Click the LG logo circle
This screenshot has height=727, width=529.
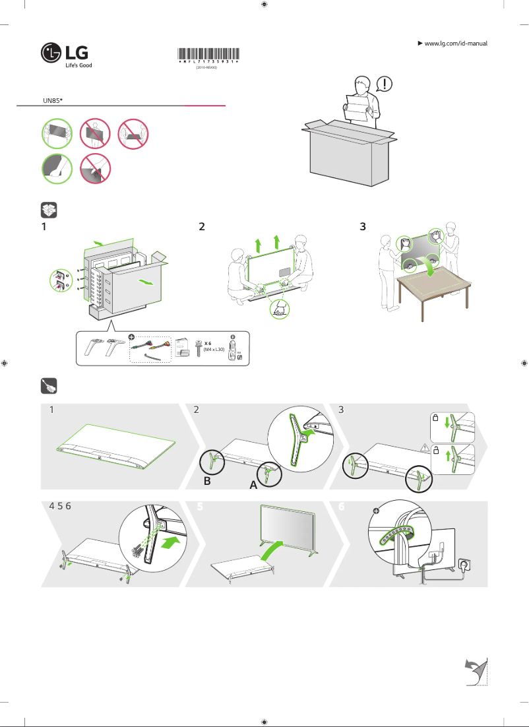[51, 53]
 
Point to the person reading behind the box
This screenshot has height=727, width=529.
[360, 102]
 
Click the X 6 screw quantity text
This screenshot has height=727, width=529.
[208, 344]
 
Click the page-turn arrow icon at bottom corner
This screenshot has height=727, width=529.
[474, 671]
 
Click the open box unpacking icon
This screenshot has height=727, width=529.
[47, 210]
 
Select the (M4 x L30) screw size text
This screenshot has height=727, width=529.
[214, 350]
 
